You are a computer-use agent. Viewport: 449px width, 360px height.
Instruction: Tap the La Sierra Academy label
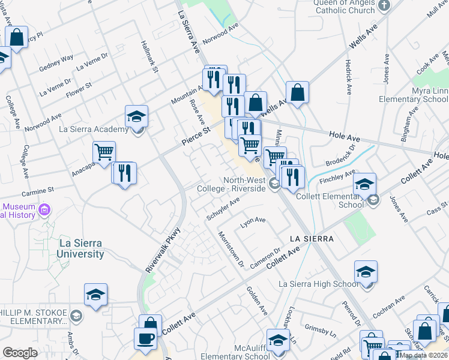[93, 129]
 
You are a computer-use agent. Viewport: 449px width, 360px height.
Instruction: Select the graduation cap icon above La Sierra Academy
[137, 116]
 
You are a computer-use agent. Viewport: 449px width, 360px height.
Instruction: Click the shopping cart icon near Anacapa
[104, 153]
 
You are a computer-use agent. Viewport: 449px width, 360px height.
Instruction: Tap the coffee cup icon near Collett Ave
[145, 338]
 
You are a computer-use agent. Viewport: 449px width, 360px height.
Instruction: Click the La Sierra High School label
[319, 284]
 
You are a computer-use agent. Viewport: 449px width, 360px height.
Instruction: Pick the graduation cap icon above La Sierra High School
[365, 272]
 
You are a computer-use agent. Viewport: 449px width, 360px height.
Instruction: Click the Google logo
[20, 353]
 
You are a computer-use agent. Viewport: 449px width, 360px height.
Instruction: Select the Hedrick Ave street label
[348, 76]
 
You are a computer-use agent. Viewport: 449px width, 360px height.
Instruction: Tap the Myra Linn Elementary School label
[421, 95]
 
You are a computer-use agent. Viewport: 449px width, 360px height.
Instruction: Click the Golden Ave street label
[257, 301]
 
